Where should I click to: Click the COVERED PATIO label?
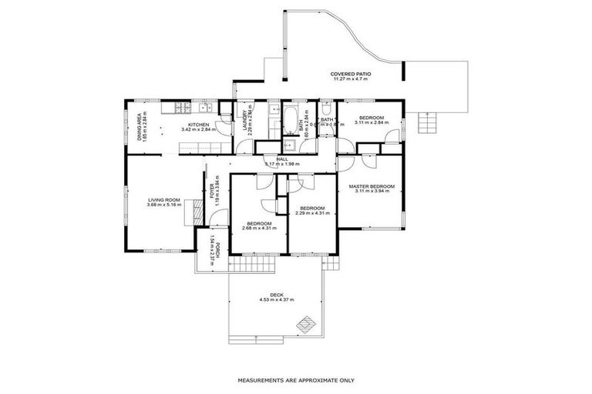351,74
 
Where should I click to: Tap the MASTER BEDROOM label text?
372,186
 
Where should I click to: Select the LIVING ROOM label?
164,200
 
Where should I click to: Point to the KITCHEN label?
199,125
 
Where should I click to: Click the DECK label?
277,294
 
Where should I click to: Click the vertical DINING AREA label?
140,126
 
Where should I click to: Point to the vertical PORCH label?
218,250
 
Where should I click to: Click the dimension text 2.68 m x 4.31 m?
257,229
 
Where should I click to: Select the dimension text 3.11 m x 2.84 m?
371,122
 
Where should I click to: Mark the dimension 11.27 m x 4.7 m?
351,79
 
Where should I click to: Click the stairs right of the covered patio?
425,122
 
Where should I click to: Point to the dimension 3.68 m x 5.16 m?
164,205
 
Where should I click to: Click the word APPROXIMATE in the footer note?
308,380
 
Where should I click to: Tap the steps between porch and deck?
254,265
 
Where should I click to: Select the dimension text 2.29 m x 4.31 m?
311,213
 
